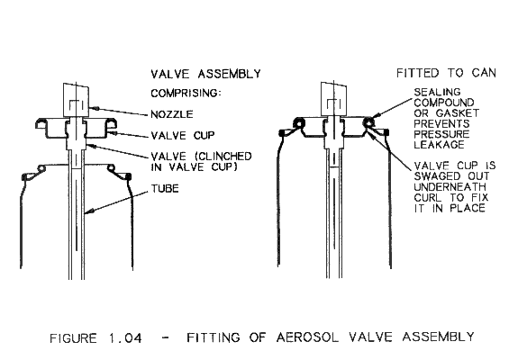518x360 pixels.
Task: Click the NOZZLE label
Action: (x=172, y=114)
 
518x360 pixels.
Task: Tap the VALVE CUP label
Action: (x=183, y=135)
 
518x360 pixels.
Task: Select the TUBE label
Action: (x=165, y=189)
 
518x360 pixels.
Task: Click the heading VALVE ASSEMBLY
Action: (x=205, y=74)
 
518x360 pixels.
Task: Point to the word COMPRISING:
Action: (x=186, y=94)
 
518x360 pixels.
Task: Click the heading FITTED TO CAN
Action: (x=446, y=73)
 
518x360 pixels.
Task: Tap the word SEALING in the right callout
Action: (x=437, y=92)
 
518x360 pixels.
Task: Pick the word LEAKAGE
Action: (x=439, y=145)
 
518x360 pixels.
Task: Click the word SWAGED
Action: (x=437, y=175)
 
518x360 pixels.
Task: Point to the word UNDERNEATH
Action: (x=450, y=187)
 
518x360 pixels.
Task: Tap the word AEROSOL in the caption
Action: (x=307, y=337)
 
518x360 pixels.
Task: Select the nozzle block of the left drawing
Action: (x=76, y=100)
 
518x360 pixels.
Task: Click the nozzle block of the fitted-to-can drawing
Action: (x=333, y=99)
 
